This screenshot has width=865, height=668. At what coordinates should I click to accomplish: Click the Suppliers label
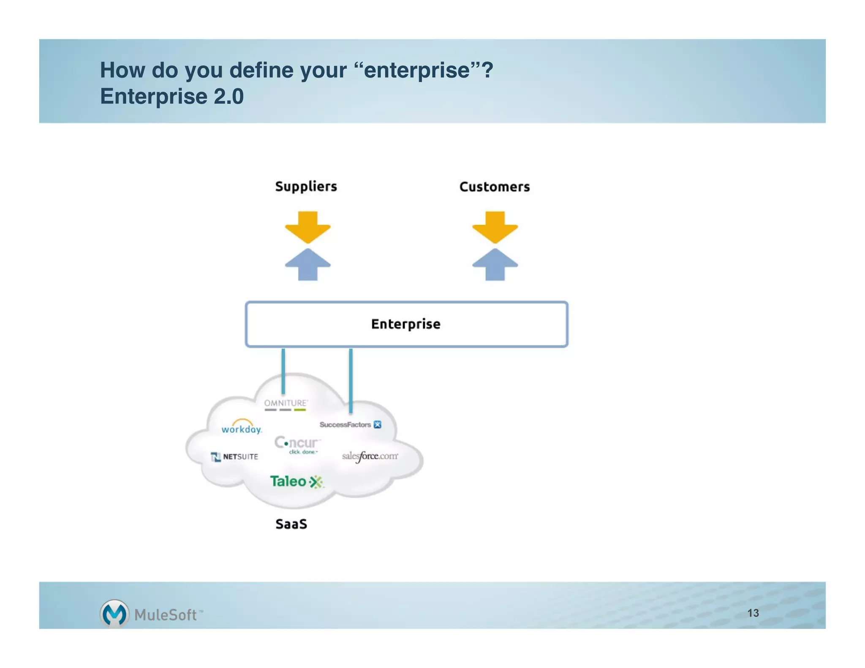click(x=306, y=186)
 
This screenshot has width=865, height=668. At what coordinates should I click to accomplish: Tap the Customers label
click(x=494, y=187)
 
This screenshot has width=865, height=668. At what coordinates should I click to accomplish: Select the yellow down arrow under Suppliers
click(x=307, y=227)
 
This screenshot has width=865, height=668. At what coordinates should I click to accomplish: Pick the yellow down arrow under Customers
click(x=495, y=227)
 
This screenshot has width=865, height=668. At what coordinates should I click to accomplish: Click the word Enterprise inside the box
click(x=405, y=324)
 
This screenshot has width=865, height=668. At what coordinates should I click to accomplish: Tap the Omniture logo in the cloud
click(x=286, y=405)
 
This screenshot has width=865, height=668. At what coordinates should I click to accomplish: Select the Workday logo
click(x=242, y=427)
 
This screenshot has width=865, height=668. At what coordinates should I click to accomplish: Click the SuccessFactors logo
click(x=350, y=424)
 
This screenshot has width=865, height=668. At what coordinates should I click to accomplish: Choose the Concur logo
click(x=297, y=444)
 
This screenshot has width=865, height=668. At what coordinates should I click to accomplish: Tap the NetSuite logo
click(x=234, y=456)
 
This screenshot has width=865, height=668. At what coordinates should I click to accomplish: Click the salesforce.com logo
click(x=370, y=456)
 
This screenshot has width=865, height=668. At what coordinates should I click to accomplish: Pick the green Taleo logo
click(x=296, y=481)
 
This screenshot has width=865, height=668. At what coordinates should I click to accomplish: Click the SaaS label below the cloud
click(x=291, y=524)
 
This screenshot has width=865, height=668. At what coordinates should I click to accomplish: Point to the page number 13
click(x=753, y=613)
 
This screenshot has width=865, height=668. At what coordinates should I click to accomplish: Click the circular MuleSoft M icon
click(x=114, y=614)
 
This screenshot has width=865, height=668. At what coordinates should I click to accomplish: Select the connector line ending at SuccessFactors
click(x=351, y=380)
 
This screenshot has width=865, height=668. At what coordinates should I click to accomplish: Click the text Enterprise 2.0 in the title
click(x=171, y=96)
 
